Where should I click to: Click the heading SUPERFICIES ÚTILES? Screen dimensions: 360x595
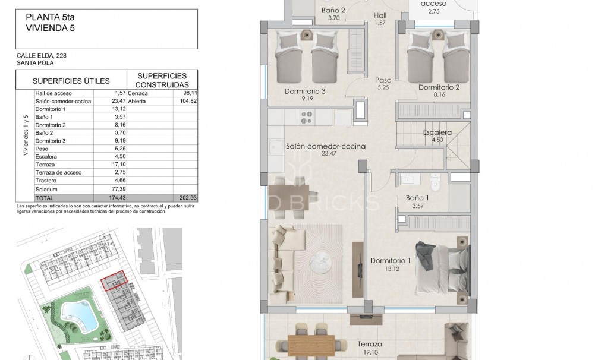click(x=71, y=80)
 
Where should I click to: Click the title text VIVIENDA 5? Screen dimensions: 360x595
click(x=51, y=27)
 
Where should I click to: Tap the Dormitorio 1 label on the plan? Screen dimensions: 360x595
click(x=391, y=261)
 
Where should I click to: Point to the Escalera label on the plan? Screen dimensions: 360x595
click(x=437, y=133)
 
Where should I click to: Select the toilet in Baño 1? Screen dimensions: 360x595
click(x=435, y=183)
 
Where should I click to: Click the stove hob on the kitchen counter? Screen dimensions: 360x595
click(x=307, y=117)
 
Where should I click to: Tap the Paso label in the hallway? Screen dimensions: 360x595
click(x=383, y=80)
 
